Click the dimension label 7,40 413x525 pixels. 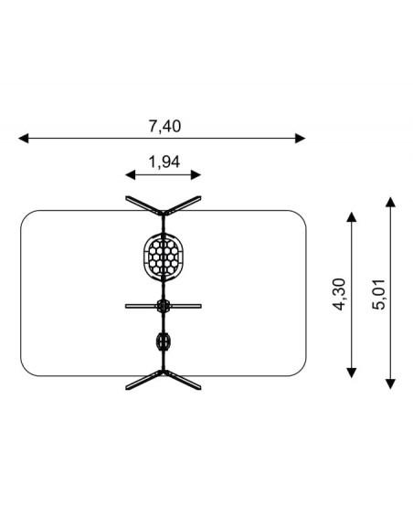tap(164, 126)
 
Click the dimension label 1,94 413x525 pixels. tap(164, 162)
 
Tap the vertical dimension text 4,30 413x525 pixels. tap(340, 294)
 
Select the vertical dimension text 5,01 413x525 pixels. tap(379, 294)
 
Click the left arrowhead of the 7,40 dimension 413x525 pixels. tap(24, 138)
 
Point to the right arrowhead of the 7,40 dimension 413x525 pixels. tap(300, 138)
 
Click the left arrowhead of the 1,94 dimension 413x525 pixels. tap(131, 174)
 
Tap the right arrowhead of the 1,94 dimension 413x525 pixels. tap(196, 174)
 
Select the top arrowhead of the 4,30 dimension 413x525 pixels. tap(352, 216)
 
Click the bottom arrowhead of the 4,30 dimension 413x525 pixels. tap(352, 373)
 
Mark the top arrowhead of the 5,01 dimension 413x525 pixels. tap(390, 202)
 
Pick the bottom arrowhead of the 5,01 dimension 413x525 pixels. tap(390, 383)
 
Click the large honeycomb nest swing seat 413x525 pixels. tap(164, 257)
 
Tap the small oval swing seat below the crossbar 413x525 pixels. tap(164, 341)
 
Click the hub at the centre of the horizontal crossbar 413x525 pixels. tap(164, 306)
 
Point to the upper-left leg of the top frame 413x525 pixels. tap(143, 205)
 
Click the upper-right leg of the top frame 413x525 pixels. tap(183, 205)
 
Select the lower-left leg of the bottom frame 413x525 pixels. tap(143, 381)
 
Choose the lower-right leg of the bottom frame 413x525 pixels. tap(183, 381)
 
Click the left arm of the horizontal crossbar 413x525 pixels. tap(142, 306)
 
